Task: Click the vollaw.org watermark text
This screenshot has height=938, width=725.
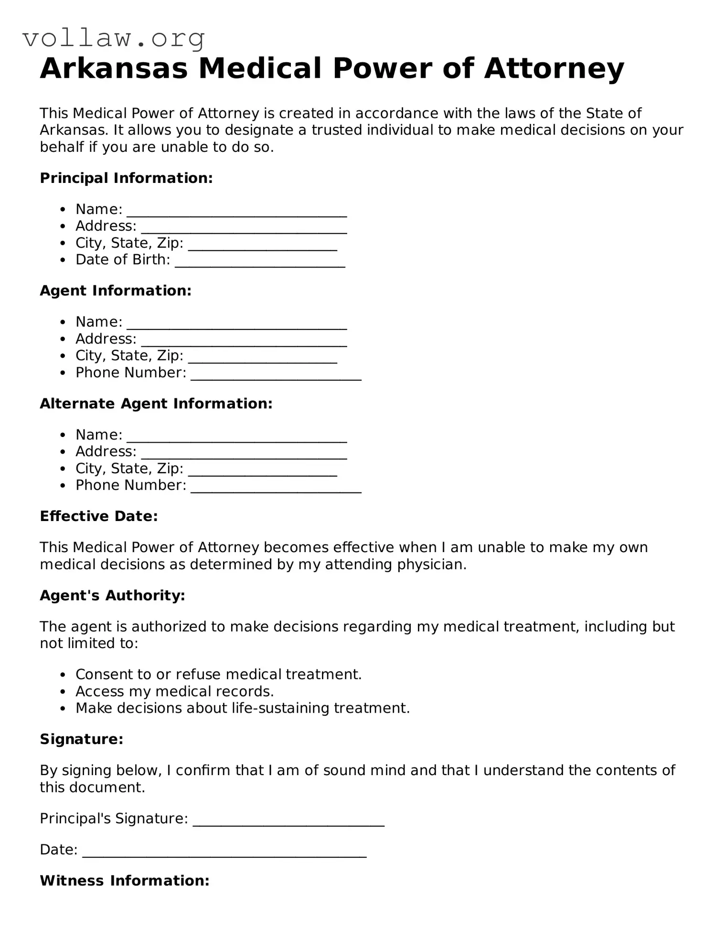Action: (114, 38)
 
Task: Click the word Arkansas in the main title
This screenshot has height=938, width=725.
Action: (114, 68)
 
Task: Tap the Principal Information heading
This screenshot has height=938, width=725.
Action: (126, 178)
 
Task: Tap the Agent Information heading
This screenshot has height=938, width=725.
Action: (116, 291)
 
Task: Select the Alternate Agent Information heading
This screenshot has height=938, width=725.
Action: (156, 404)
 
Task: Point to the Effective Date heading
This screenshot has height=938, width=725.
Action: (98, 516)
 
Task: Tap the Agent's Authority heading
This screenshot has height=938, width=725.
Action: (112, 596)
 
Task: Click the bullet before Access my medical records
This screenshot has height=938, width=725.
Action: (63, 692)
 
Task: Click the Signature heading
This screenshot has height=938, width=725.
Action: (82, 739)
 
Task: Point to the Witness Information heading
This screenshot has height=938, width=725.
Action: (125, 881)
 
